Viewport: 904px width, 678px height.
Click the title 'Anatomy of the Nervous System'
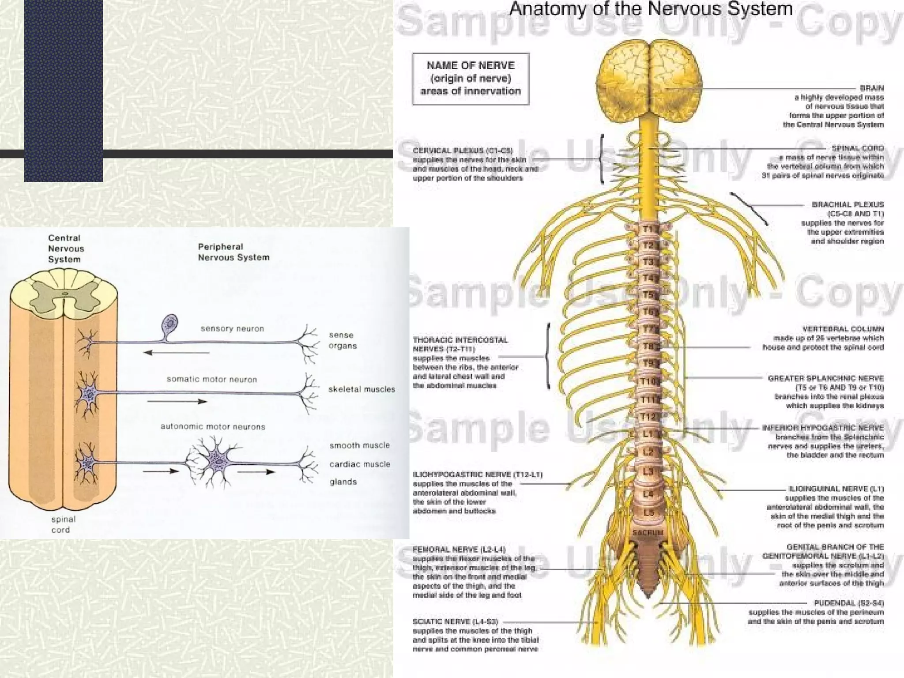click(x=651, y=10)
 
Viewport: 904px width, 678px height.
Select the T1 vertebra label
click(x=648, y=230)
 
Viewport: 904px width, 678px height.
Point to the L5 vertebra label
click(x=648, y=513)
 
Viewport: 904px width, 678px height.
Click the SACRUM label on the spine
click(x=648, y=533)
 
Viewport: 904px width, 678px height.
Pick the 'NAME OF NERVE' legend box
click(x=471, y=79)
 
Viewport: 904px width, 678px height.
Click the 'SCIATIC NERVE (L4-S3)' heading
click(x=456, y=621)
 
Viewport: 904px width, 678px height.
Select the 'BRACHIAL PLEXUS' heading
click(x=847, y=204)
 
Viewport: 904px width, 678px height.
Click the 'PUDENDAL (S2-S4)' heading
click(x=849, y=603)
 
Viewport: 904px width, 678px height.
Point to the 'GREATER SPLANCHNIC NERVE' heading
click(x=825, y=378)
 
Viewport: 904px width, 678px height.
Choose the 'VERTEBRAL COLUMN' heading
click(x=843, y=329)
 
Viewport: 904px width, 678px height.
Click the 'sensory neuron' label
click(x=232, y=328)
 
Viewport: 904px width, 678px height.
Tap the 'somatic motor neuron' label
click(x=211, y=379)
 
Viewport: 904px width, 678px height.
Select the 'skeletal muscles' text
click(x=362, y=389)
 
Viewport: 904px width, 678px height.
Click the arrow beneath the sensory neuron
click(x=177, y=353)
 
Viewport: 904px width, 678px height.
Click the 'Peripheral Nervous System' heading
click(x=234, y=252)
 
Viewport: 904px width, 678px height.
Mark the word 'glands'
click(x=343, y=482)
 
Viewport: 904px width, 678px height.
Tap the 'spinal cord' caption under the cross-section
click(x=63, y=524)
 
